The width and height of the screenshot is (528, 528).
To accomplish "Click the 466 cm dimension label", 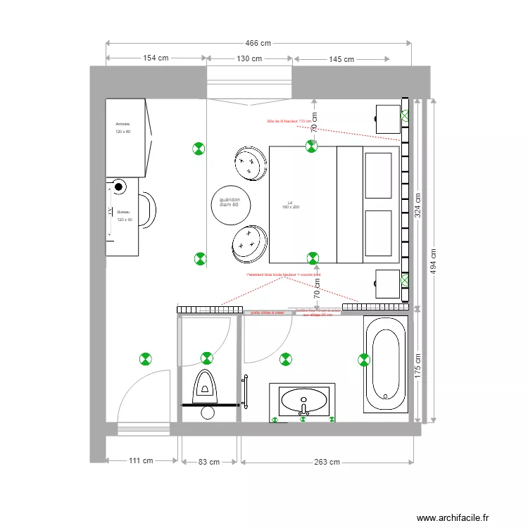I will pyautogui.click(x=258, y=44).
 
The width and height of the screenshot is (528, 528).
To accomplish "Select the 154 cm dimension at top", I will pyautogui.click(x=156, y=59).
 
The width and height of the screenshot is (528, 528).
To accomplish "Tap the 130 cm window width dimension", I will pyautogui.click(x=250, y=59).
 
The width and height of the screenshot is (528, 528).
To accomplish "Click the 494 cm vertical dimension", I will pyautogui.click(x=434, y=260).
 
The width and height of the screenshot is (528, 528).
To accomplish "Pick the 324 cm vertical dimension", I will pyautogui.click(x=417, y=204).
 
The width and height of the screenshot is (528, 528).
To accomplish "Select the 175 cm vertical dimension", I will pyautogui.click(x=417, y=365).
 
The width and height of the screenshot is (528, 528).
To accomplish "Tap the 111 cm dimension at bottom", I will pyautogui.click(x=141, y=462).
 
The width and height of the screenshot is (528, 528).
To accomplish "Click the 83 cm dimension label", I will pyautogui.click(x=210, y=462).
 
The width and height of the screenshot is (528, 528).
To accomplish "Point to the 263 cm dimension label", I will pyautogui.click(x=327, y=462).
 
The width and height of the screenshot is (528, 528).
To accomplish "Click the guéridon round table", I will pyautogui.click(x=230, y=203).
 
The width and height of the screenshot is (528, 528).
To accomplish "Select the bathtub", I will pyautogui.click(x=385, y=365).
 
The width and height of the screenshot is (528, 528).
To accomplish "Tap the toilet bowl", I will pyautogui.click(x=206, y=386).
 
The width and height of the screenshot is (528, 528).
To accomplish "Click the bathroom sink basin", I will pyautogui.click(x=304, y=401).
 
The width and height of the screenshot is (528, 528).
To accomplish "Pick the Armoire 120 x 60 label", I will pyautogui.click(x=124, y=127).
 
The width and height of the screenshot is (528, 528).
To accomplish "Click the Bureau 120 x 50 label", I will pyautogui.click(x=124, y=215).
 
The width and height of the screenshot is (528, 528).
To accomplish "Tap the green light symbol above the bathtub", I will pyautogui.click(x=364, y=360).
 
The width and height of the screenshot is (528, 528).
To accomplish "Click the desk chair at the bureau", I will pyautogui.click(x=147, y=210).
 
